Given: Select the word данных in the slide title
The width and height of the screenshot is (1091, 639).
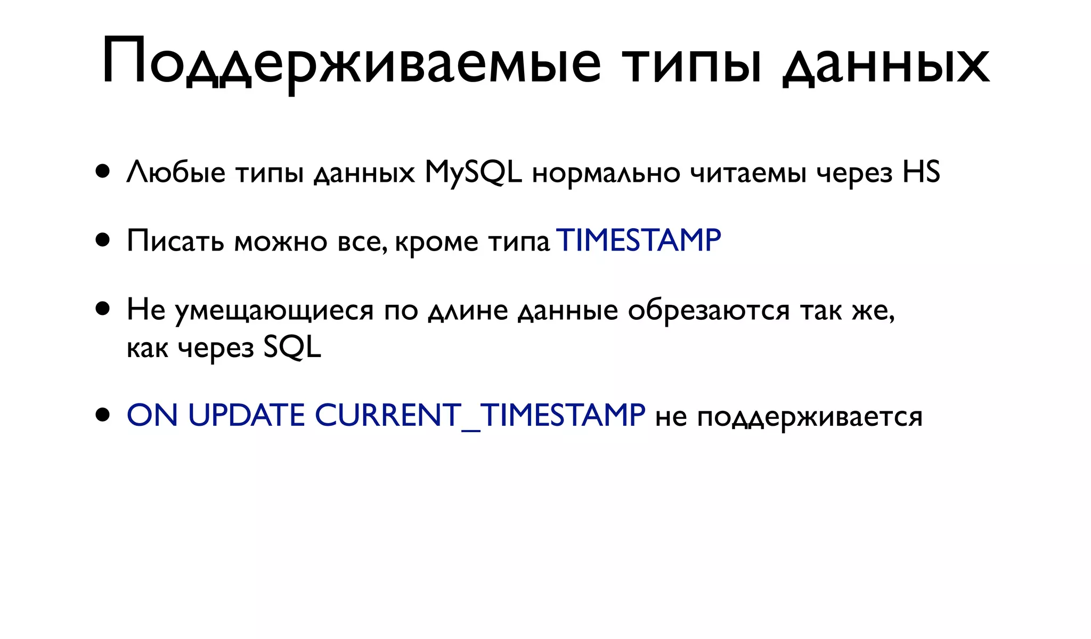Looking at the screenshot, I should pyautogui.click(x=886, y=64).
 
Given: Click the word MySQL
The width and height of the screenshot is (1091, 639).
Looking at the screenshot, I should pyautogui.click(x=473, y=173).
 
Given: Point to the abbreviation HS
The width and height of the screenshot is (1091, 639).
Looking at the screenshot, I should pyautogui.click(x=921, y=172).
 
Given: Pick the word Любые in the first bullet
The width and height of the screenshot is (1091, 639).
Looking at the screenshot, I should pyautogui.click(x=176, y=173).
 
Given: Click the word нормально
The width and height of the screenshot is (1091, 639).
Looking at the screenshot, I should pyautogui.click(x=606, y=173).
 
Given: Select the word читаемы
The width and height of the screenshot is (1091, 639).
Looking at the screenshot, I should pyautogui.click(x=748, y=173).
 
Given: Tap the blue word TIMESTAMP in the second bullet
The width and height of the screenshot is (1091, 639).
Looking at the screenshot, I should pyautogui.click(x=638, y=240).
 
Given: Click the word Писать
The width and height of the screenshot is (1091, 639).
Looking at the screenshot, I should pyautogui.click(x=175, y=241).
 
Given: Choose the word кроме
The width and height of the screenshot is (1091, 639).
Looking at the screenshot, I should pyautogui.click(x=437, y=242).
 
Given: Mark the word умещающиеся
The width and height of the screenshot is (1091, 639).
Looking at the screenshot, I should pyautogui.click(x=274, y=311).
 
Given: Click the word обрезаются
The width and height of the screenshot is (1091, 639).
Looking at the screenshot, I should pyautogui.click(x=709, y=310).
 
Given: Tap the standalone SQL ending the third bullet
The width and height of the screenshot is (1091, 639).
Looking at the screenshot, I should pyautogui.click(x=292, y=348).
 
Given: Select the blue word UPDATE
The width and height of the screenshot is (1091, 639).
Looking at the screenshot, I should pyautogui.click(x=246, y=415).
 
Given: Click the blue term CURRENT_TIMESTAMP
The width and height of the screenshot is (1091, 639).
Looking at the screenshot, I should pyautogui.click(x=480, y=415).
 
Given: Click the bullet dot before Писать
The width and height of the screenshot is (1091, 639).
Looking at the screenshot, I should pyautogui.click(x=103, y=240).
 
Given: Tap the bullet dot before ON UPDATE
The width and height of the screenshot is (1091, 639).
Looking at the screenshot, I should pyautogui.click(x=103, y=415).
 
